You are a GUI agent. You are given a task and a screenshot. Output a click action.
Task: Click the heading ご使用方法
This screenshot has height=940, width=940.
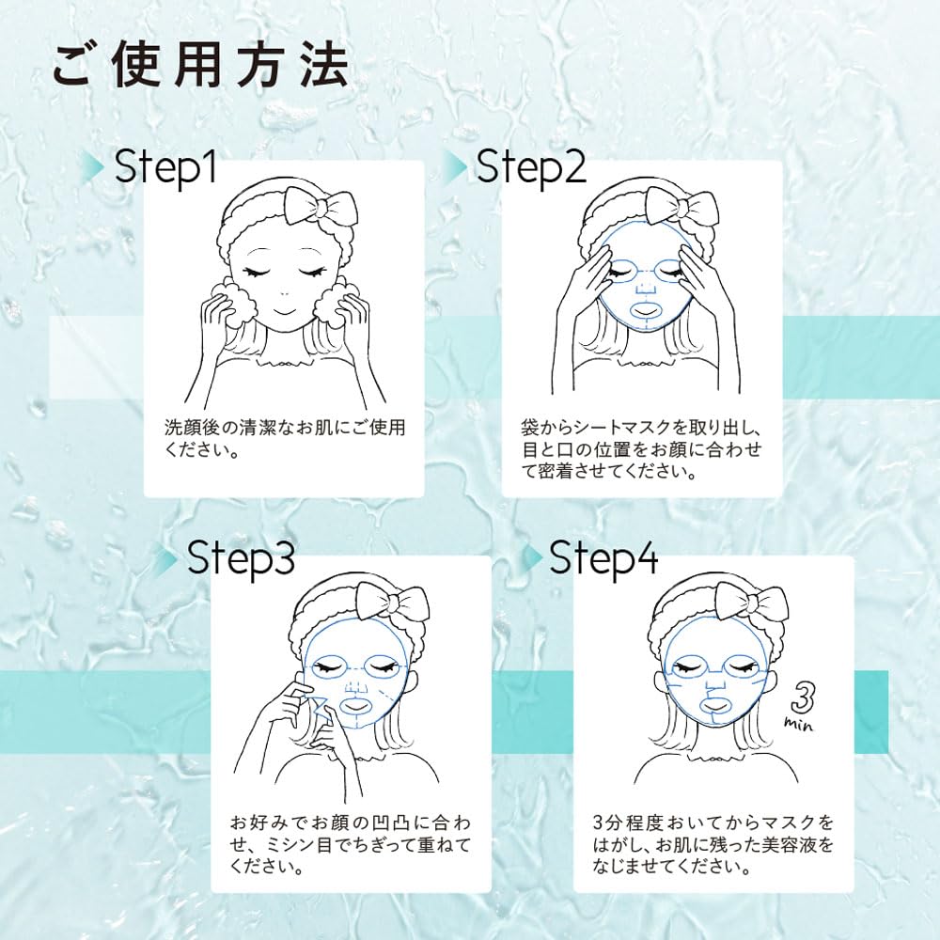[199, 65]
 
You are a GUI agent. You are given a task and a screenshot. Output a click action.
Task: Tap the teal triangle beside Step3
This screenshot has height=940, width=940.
[169, 559]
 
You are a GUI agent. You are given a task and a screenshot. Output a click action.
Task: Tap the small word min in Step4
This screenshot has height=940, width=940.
[799, 725]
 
